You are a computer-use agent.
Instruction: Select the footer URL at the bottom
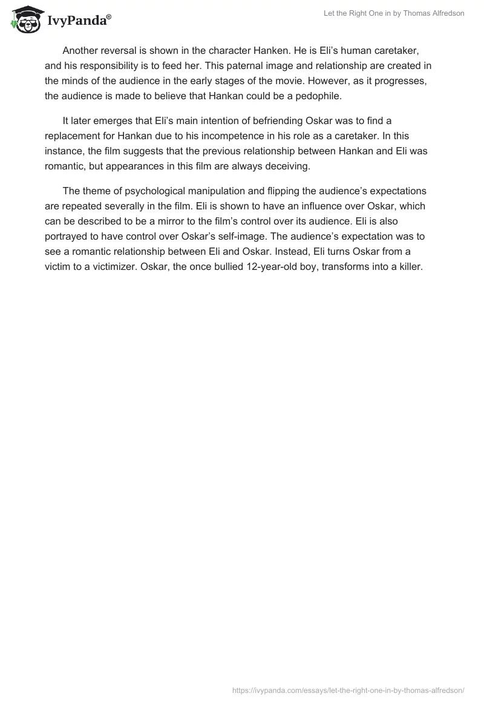(348, 689)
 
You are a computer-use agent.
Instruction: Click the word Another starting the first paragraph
(82, 51)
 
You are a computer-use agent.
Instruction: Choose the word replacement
(73, 136)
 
